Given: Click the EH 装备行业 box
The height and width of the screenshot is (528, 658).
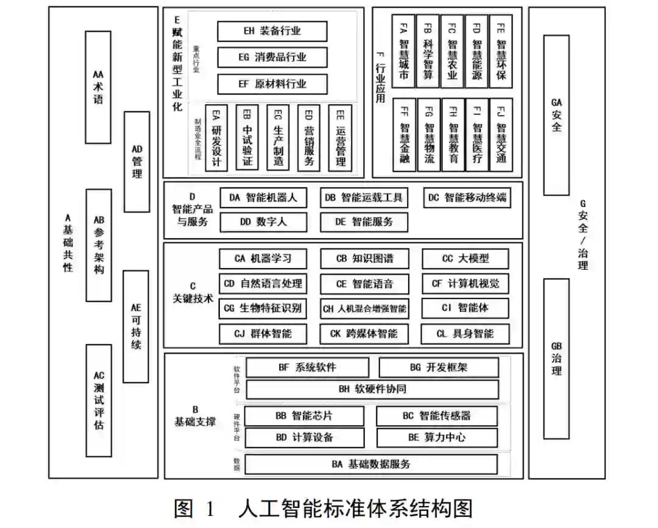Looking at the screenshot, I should pyautogui.click(x=272, y=31).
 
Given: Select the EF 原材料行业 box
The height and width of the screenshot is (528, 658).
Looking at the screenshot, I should pyautogui.click(x=272, y=84).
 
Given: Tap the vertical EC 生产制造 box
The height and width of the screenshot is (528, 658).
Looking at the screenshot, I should pyautogui.click(x=278, y=138).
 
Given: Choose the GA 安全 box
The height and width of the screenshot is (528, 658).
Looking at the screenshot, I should pyautogui.click(x=556, y=114).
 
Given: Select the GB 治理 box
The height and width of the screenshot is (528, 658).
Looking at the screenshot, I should pyautogui.click(x=556, y=358).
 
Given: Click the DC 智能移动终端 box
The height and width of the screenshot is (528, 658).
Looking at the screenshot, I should pyautogui.click(x=467, y=198).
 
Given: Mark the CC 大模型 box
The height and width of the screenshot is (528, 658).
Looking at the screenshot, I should pyautogui.click(x=465, y=258).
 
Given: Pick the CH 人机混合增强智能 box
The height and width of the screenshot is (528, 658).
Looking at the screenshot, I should pyautogui.click(x=364, y=308).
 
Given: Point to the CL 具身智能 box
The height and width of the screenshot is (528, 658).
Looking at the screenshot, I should pyautogui.click(x=465, y=334).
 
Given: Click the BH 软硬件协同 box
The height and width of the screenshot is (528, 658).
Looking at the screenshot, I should pyautogui.click(x=372, y=389).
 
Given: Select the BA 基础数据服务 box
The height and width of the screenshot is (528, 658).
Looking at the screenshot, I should pyautogui.click(x=371, y=465).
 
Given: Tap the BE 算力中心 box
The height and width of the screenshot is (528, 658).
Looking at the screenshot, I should pyautogui.click(x=437, y=437).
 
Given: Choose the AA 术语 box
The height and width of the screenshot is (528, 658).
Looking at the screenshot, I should pyautogui.click(x=98, y=86).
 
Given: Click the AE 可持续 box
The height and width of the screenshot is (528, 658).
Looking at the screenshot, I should pyautogui.click(x=136, y=326).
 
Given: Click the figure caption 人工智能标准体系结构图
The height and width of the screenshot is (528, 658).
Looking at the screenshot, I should pyautogui.click(x=356, y=508).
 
